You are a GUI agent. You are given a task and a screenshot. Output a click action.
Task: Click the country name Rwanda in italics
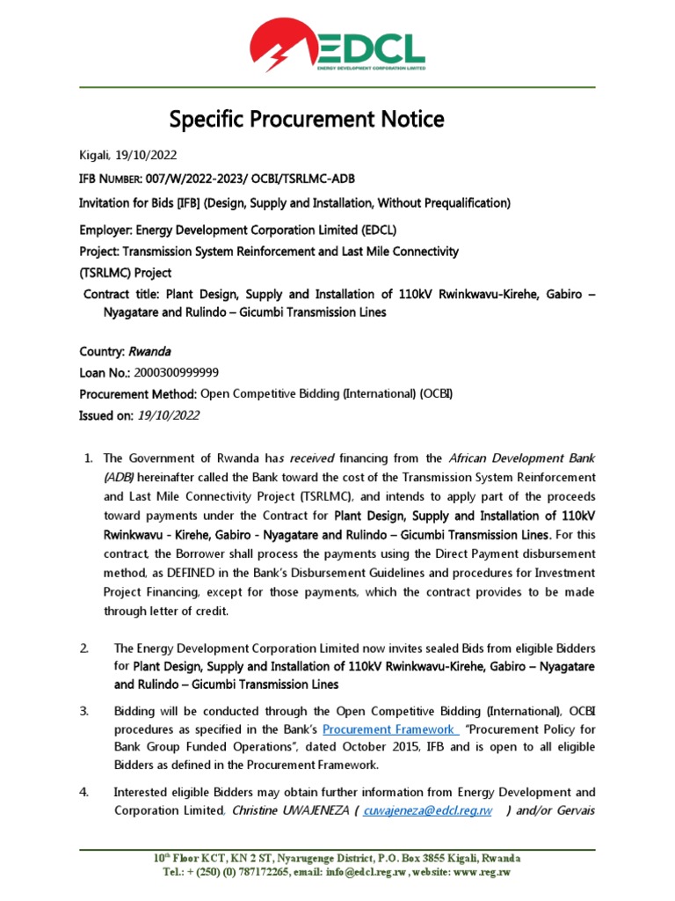pos(150,351)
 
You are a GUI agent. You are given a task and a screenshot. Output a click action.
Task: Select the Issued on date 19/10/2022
pos(169,415)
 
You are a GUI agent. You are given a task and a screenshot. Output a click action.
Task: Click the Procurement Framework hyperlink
pos(390,729)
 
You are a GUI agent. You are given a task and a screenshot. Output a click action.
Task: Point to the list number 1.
pos(87,458)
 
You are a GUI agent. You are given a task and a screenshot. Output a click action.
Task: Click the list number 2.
pos(84,648)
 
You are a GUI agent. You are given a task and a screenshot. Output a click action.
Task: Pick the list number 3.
pos(84,710)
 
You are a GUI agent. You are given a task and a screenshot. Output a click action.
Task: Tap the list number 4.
pos(84,792)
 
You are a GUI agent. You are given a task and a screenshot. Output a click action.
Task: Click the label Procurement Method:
pos(138,393)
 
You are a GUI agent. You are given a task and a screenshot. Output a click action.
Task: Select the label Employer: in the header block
pos(105,230)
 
